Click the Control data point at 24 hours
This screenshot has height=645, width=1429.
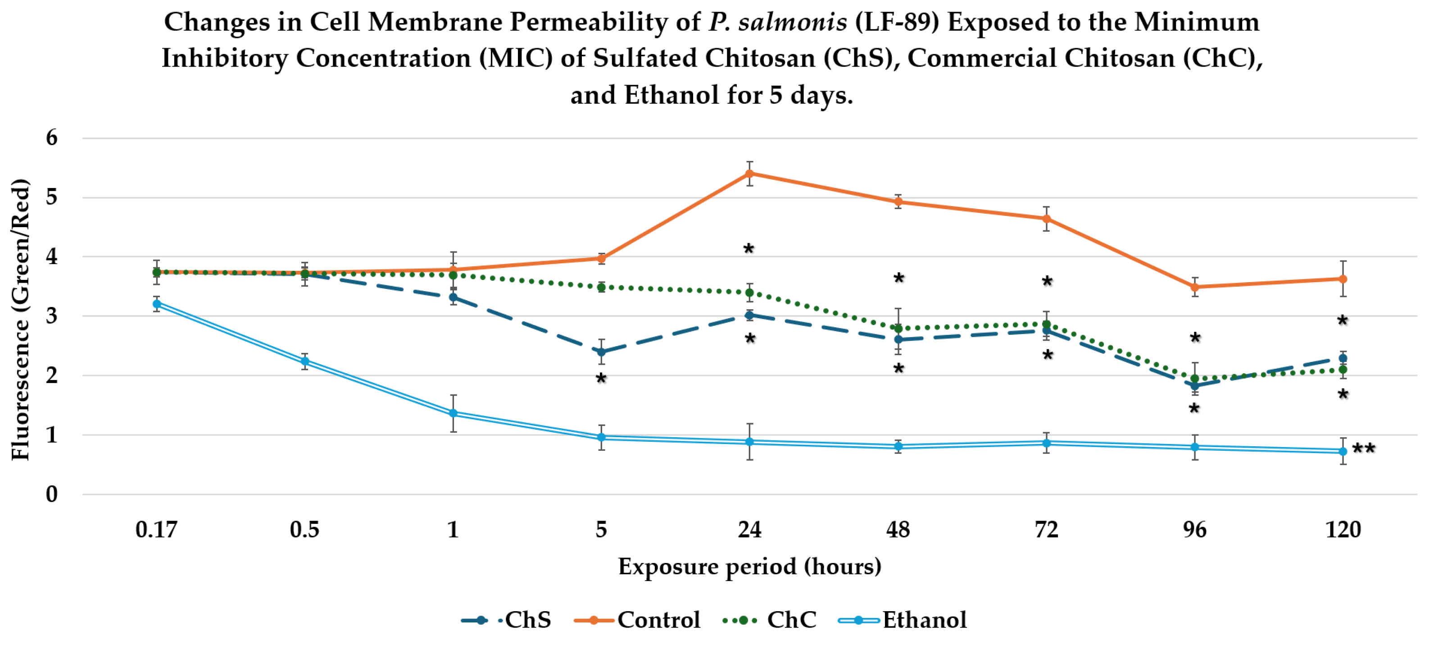point(749,174)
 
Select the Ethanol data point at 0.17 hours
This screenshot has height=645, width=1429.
point(157,304)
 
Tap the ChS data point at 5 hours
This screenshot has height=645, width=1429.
point(601,352)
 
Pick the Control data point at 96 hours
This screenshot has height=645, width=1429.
point(1195,287)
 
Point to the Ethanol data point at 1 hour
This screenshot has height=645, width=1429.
point(453,413)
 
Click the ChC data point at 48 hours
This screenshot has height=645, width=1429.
point(898,328)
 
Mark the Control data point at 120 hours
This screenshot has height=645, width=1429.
point(1343,279)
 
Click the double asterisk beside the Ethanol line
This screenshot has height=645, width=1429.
point(1364,448)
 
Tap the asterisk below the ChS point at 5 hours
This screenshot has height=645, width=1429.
point(601,379)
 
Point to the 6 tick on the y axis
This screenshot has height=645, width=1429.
point(52,137)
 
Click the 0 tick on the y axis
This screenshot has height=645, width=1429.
point(52,494)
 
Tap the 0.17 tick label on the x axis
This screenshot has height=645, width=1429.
point(156,530)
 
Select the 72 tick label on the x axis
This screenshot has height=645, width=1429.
point(1046,530)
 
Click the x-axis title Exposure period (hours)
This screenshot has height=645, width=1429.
point(749,567)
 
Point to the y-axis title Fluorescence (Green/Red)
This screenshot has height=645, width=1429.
point(21,319)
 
